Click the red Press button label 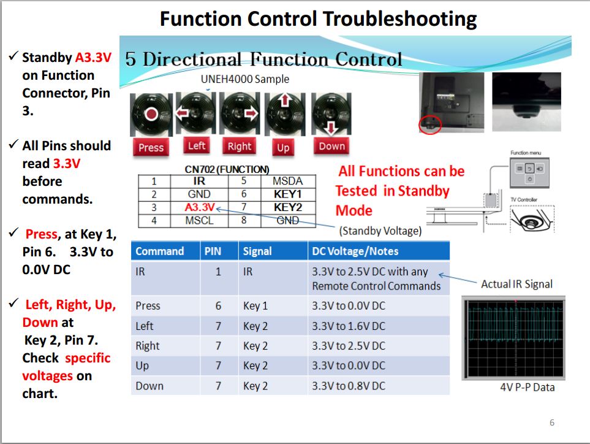click(x=151, y=147)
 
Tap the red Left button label click(x=197, y=146)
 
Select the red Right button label click(x=239, y=146)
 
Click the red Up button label click(x=283, y=147)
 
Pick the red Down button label click(x=331, y=146)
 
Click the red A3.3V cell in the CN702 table click(x=199, y=207)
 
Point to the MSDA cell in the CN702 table click(x=287, y=181)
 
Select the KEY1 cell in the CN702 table click(x=287, y=194)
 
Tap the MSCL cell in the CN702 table click(x=199, y=220)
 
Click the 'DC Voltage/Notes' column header click(x=355, y=251)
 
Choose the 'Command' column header click(x=159, y=251)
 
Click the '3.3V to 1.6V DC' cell click(x=348, y=326)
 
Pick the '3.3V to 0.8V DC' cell click(x=348, y=386)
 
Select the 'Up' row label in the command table click(x=142, y=366)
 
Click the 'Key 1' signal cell click(x=255, y=306)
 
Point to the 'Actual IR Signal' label click(x=516, y=284)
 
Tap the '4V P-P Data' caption click(x=528, y=387)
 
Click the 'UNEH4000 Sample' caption click(x=244, y=79)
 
